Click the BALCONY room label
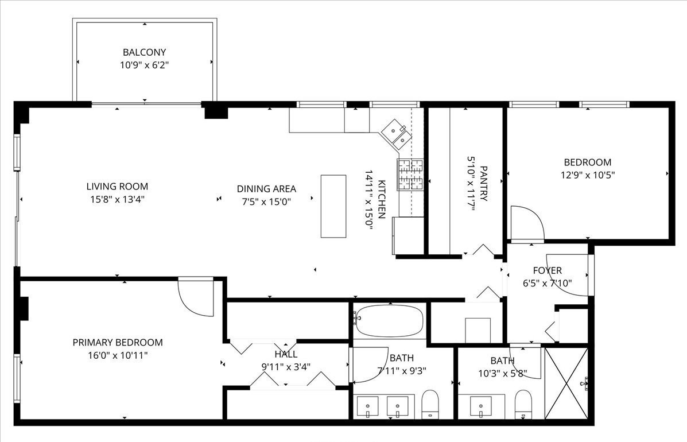click(144, 52)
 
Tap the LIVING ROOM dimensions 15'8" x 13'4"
click(117, 200)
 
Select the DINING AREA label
click(266, 188)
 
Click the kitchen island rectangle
click(333, 206)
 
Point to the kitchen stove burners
click(410, 175)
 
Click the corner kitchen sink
click(395, 134)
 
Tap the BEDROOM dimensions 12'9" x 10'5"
click(587, 176)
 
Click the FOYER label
click(547, 270)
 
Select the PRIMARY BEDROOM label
click(117, 343)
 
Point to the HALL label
click(285, 354)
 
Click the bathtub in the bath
click(389, 320)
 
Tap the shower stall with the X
click(566, 383)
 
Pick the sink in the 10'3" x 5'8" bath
click(480, 407)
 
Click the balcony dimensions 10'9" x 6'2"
click(144, 65)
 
